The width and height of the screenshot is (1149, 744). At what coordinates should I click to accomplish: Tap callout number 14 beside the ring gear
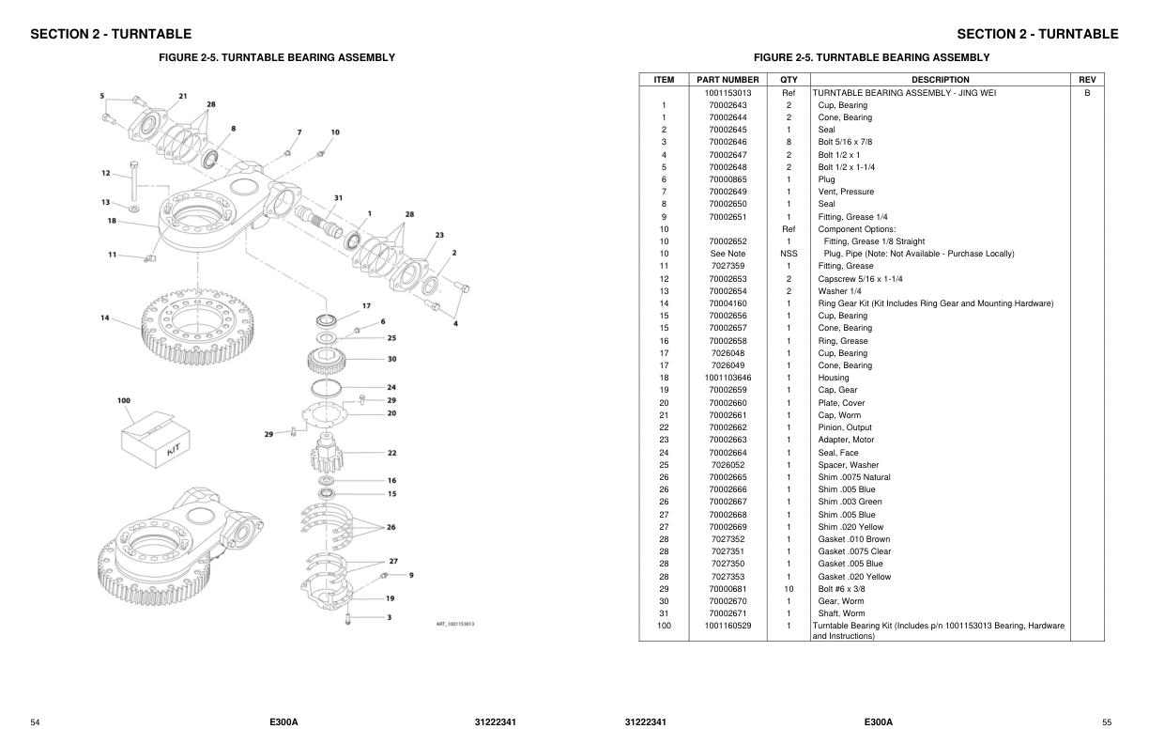(x=105, y=318)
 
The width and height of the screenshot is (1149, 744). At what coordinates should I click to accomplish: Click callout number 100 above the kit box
(x=123, y=400)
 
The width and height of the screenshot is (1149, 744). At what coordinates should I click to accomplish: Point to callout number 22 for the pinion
(x=391, y=453)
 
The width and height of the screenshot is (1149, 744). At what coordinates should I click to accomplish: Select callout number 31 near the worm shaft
(x=338, y=197)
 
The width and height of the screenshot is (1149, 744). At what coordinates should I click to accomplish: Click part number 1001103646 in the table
(x=728, y=378)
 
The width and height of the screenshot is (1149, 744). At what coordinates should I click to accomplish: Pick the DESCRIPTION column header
(x=940, y=80)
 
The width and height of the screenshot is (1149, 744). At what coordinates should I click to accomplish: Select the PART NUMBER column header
(x=728, y=80)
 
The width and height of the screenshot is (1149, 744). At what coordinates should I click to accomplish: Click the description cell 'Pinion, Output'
(x=845, y=427)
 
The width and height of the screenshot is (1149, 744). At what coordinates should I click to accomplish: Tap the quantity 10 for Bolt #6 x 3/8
(x=789, y=589)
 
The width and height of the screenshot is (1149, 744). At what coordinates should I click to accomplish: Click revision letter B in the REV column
(x=1087, y=93)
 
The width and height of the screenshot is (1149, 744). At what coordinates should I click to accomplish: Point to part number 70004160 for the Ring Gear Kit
(x=728, y=303)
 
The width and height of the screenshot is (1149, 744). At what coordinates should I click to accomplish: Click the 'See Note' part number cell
(x=728, y=254)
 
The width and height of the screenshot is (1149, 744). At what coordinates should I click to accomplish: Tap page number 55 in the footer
(x=1107, y=722)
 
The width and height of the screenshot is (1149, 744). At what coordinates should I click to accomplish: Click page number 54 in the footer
(x=35, y=722)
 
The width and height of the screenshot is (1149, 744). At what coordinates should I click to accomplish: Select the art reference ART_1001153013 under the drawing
(x=455, y=624)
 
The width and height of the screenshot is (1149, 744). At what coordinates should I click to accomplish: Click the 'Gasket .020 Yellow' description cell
(x=854, y=577)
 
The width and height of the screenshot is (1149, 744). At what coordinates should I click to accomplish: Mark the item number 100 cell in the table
(x=664, y=626)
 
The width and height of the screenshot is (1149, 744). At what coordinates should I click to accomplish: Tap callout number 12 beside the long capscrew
(x=105, y=173)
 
